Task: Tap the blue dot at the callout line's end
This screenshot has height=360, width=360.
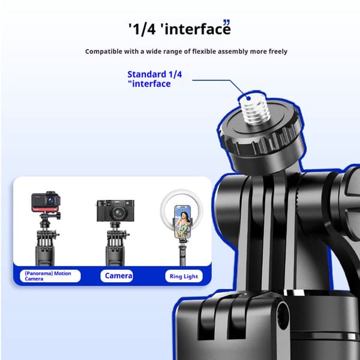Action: [x=248, y=98]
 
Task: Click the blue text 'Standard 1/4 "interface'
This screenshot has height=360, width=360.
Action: [x=155, y=79]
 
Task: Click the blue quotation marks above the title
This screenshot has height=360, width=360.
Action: [x=226, y=22]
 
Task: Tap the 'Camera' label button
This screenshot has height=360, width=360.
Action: [x=117, y=276]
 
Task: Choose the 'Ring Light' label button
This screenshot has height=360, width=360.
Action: [x=184, y=276]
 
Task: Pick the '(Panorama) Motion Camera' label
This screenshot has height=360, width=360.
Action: [x=50, y=276]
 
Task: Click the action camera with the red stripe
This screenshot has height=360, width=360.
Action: [x=46, y=202]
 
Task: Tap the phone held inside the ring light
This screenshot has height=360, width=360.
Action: [x=182, y=221]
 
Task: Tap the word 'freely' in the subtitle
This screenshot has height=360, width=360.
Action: [x=278, y=52]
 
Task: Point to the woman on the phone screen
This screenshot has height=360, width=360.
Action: [x=183, y=224]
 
